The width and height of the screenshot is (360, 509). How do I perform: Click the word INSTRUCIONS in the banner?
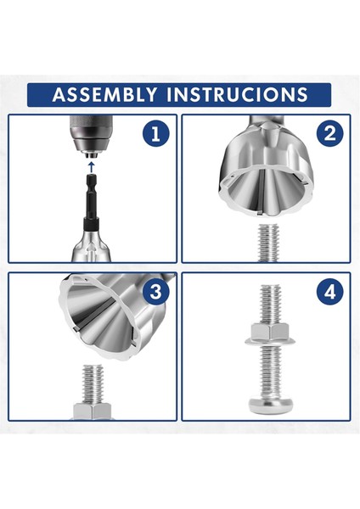(237, 94)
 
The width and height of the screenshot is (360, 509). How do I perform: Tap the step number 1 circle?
(156, 133)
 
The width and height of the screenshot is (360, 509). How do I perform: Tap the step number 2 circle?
(330, 133)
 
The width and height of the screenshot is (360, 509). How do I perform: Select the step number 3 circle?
(156, 291)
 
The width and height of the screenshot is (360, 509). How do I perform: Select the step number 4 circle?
(330, 292)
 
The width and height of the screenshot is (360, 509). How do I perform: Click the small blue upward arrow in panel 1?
(92, 167)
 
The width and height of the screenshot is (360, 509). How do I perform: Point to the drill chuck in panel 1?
(92, 137)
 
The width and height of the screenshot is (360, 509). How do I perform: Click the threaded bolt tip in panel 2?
(269, 243)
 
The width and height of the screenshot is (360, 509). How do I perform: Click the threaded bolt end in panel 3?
(93, 383)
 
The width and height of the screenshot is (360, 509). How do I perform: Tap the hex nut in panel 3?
(93, 411)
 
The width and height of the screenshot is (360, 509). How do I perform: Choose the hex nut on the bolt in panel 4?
(270, 332)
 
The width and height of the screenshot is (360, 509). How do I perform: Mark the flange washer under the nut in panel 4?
(270, 341)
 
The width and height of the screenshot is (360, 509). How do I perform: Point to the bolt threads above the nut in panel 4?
(270, 305)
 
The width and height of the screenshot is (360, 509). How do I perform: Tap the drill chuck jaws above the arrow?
(92, 155)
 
